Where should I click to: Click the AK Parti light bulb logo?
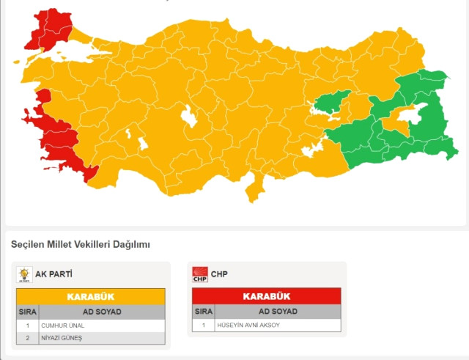point(24,275)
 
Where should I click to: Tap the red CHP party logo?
point(200,275)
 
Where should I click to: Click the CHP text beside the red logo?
point(220,275)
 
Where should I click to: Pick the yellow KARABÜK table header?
point(91,297)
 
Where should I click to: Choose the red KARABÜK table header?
point(266,297)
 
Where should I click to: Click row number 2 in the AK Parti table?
point(28,337)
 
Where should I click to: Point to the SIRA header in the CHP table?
point(203,312)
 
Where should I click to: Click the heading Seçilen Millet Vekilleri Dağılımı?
point(80,244)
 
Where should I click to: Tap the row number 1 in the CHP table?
point(203,325)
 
